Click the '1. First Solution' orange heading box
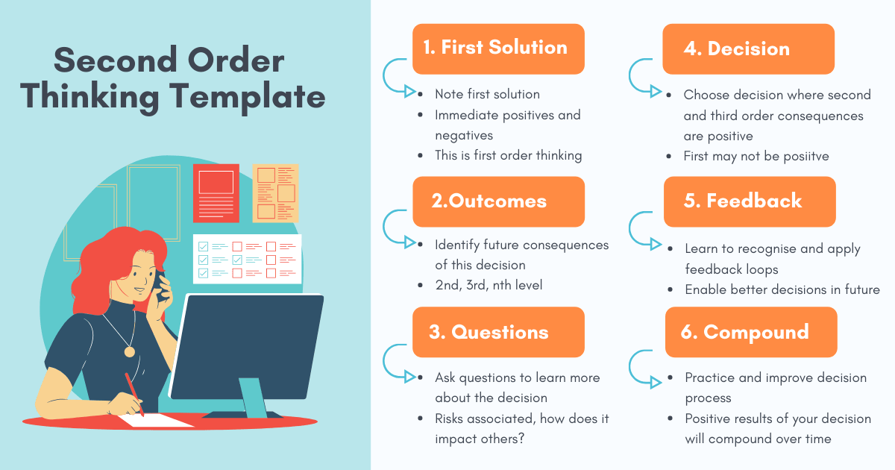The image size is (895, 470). coord(498,48)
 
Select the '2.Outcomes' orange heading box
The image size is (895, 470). coord(498,201)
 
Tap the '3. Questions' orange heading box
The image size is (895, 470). coord(498,332)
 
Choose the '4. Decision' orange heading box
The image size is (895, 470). coord(748,49)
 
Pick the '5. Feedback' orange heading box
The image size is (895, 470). coord(750,201)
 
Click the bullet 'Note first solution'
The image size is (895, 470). coord(487,94)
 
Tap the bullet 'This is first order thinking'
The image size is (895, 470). coord(509,155)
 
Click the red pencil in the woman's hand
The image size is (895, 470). coord(134,393)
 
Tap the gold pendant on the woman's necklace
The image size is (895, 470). coord(130,351)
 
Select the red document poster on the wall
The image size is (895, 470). coord(216,192)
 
